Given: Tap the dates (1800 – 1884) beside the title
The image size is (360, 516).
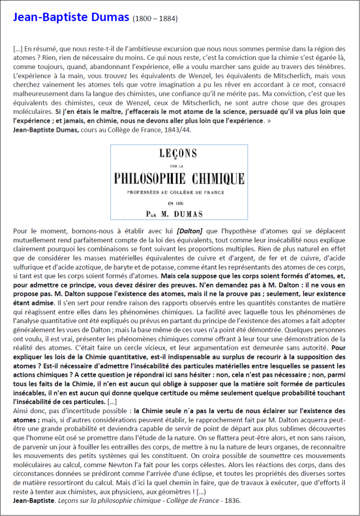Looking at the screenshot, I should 155,20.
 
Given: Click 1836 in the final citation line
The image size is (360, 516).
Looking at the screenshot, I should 231,501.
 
